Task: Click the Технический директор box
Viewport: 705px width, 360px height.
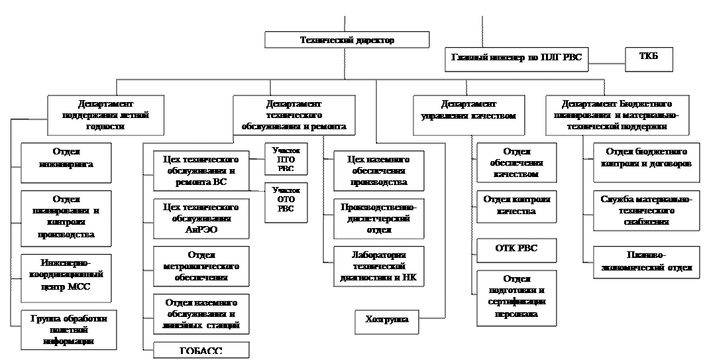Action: click(347, 40)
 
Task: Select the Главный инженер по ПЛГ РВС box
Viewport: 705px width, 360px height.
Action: click(516, 58)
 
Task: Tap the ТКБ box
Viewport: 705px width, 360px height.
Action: click(649, 58)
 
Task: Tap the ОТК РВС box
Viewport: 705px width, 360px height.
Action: click(516, 249)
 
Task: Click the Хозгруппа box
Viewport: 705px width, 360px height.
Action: click(387, 320)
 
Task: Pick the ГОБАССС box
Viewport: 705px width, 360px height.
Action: click(201, 351)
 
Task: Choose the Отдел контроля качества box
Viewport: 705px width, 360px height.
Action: click(516, 206)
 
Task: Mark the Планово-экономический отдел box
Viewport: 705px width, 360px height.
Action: click(646, 262)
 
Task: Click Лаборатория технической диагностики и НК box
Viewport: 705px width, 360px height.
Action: click(378, 267)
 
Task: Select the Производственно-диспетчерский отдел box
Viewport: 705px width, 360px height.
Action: click(378, 219)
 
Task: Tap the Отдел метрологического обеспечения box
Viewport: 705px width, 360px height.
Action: click(201, 267)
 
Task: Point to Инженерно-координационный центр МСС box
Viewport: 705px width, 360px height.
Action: click(69, 274)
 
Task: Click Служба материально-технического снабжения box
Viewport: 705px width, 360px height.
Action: click(646, 210)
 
